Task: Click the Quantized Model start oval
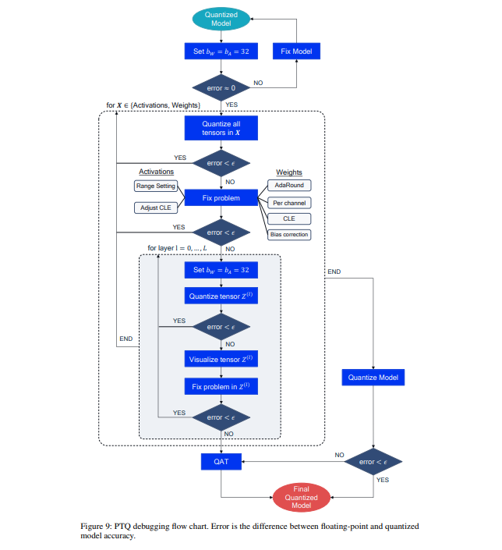(x=221, y=20)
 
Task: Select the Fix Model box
(x=296, y=51)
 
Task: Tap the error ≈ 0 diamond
(x=221, y=88)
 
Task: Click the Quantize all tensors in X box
(x=221, y=127)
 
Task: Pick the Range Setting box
(x=156, y=186)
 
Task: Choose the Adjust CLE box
(x=156, y=208)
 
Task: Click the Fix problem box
(x=221, y=198)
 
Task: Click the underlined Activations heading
(x=156, y=172)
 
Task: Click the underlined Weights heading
(x=288, y=172)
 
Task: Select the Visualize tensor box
(x=221, y=359)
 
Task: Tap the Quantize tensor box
(x=221, y=296)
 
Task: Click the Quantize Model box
(x=373, y=377)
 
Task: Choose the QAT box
(x=221, y=462)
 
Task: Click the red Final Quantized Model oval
(x=300, y=495)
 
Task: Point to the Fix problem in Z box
(x=221, y=387)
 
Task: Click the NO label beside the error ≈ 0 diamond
(x=258, y=82)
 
